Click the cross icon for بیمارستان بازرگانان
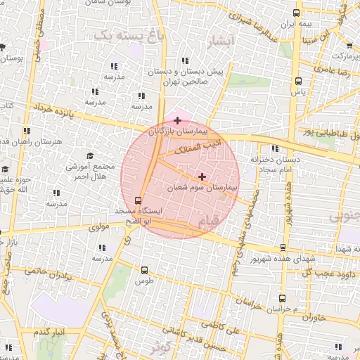(x=177, y=121)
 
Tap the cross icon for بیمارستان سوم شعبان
(x=202, y=177)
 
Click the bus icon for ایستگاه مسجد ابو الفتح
(x=137, y=200)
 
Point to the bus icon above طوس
(x=145, y=269)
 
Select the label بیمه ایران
(x=295, y=25)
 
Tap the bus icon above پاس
(x=299, y=79)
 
